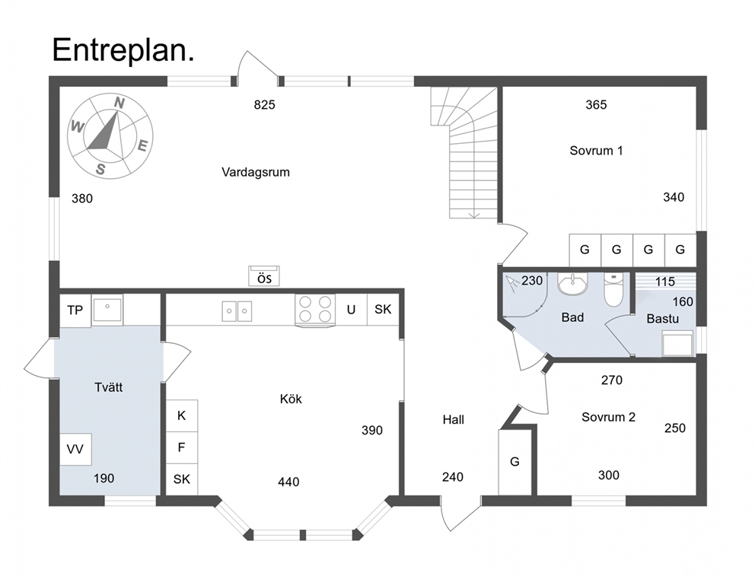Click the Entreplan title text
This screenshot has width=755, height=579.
click(x=123, y=50)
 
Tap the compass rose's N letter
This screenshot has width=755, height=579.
click(x=119, y=103)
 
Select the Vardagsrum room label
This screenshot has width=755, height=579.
click(x=256, y=172)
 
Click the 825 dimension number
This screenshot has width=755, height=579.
click(x=264, y=104)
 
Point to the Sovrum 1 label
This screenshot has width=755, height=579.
click(x=596, y=151)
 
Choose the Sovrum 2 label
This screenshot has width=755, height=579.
click(x=608, y=417)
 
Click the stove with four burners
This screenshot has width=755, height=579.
click(x=315, y=310)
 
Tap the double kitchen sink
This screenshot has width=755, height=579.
click(x=237, y=311)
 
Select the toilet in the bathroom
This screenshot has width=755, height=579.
click(x=613, y=289)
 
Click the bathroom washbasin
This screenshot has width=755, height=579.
click(x=573, y=284)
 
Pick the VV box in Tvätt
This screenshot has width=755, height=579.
click(x=75, y=449)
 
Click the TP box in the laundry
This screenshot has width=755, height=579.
click(x=75, y=310)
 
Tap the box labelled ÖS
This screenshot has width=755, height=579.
click(x=264, y=276)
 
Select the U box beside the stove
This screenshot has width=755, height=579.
click(x=351, y=310)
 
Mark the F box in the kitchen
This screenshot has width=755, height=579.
click(x=182, y=447)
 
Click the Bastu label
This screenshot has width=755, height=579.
click(x=663, y=319)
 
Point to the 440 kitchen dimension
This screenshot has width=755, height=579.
click(x=288, y=482)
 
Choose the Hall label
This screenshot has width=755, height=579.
click(x=453, y=420)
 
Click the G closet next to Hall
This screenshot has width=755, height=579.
click(x=514, y=462)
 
